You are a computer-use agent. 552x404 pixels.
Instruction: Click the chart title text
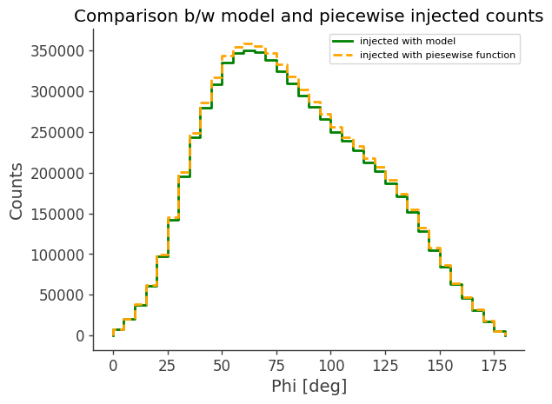(x=309, y=16)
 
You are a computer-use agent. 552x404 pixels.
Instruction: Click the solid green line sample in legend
(x=343, y=42)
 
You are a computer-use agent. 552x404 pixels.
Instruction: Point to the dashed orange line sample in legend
(x=343, y=56)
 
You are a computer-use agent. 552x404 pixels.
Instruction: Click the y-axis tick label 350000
(x=57, y=51)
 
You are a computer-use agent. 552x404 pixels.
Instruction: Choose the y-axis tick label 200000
(x=57, y=173)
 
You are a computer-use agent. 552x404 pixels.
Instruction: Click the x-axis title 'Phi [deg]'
(x=309, y=386)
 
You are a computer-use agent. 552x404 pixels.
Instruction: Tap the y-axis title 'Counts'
(x=17, y=190)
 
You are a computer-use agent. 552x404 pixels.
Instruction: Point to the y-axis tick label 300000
(x=57, y=92)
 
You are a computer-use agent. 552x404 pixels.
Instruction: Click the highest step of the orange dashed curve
(x=249, y=43)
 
